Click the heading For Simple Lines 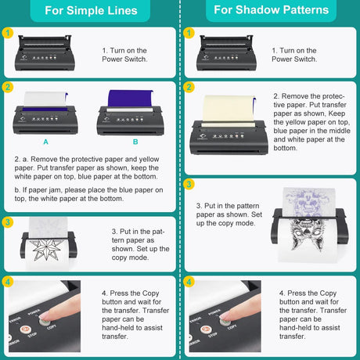89,12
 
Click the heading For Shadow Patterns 271,12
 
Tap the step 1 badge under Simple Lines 9,33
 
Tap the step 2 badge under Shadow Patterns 188,88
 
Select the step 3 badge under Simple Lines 9,222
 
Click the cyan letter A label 45,142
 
